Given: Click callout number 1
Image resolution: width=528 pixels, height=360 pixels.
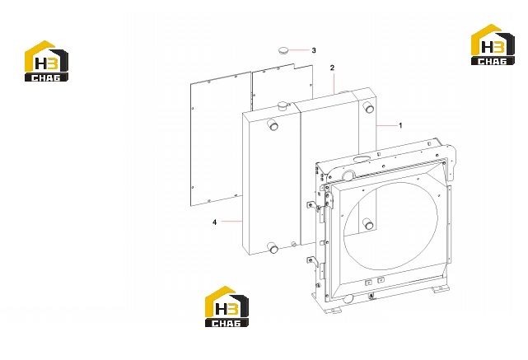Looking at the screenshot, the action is pos(400,125).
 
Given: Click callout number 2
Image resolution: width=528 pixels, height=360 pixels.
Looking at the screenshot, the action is pos(332,68).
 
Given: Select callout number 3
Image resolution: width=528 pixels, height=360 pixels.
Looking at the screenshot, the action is pos(314,50).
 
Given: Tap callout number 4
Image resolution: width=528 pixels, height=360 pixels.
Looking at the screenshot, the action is pos(214,222).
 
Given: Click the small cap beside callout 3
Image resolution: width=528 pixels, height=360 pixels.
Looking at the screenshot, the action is pos(283,50).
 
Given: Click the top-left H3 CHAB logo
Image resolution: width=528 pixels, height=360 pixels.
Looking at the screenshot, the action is pos(46,61).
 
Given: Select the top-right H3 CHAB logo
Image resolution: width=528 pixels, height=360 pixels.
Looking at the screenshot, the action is pos(493,44).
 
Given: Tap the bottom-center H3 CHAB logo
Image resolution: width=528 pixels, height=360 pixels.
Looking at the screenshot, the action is pos(227,306).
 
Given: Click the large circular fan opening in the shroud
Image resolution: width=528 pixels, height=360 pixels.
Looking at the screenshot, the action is pos(390,226).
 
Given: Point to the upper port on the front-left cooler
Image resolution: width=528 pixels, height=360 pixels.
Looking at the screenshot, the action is pos(273,126).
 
